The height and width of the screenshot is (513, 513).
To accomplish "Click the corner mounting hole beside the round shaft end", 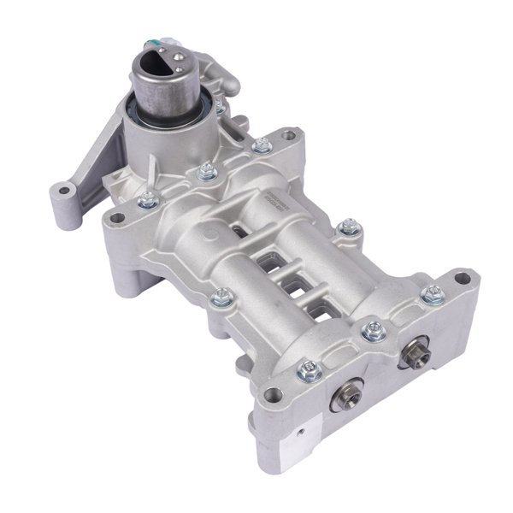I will coord(273,393).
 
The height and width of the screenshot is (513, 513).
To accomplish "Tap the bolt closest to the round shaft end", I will coord(309,369).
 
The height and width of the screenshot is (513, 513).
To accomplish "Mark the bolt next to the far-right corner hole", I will coord(432,294).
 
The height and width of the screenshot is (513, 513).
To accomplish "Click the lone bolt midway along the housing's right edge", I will coord(346,227).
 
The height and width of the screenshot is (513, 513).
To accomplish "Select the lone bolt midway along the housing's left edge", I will coord(221,297).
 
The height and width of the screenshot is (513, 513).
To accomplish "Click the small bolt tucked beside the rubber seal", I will coord(221,106).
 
